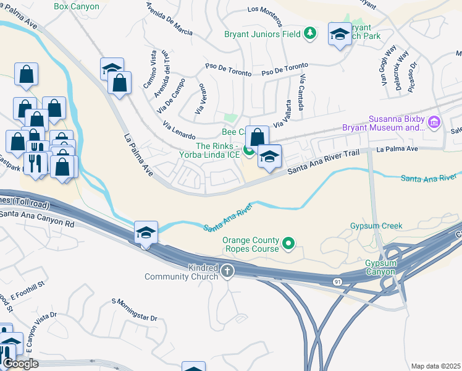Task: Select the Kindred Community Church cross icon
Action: tap(227, 270)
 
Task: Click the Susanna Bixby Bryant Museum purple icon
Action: tap(434, 123)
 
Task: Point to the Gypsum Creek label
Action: tap(376, 226)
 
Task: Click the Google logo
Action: tap(20, 364)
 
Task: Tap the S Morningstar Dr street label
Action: tap(135, 309)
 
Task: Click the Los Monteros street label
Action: tap(269, 9)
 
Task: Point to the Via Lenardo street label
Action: tap(179, 130)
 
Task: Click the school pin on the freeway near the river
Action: tap(146, 233)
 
